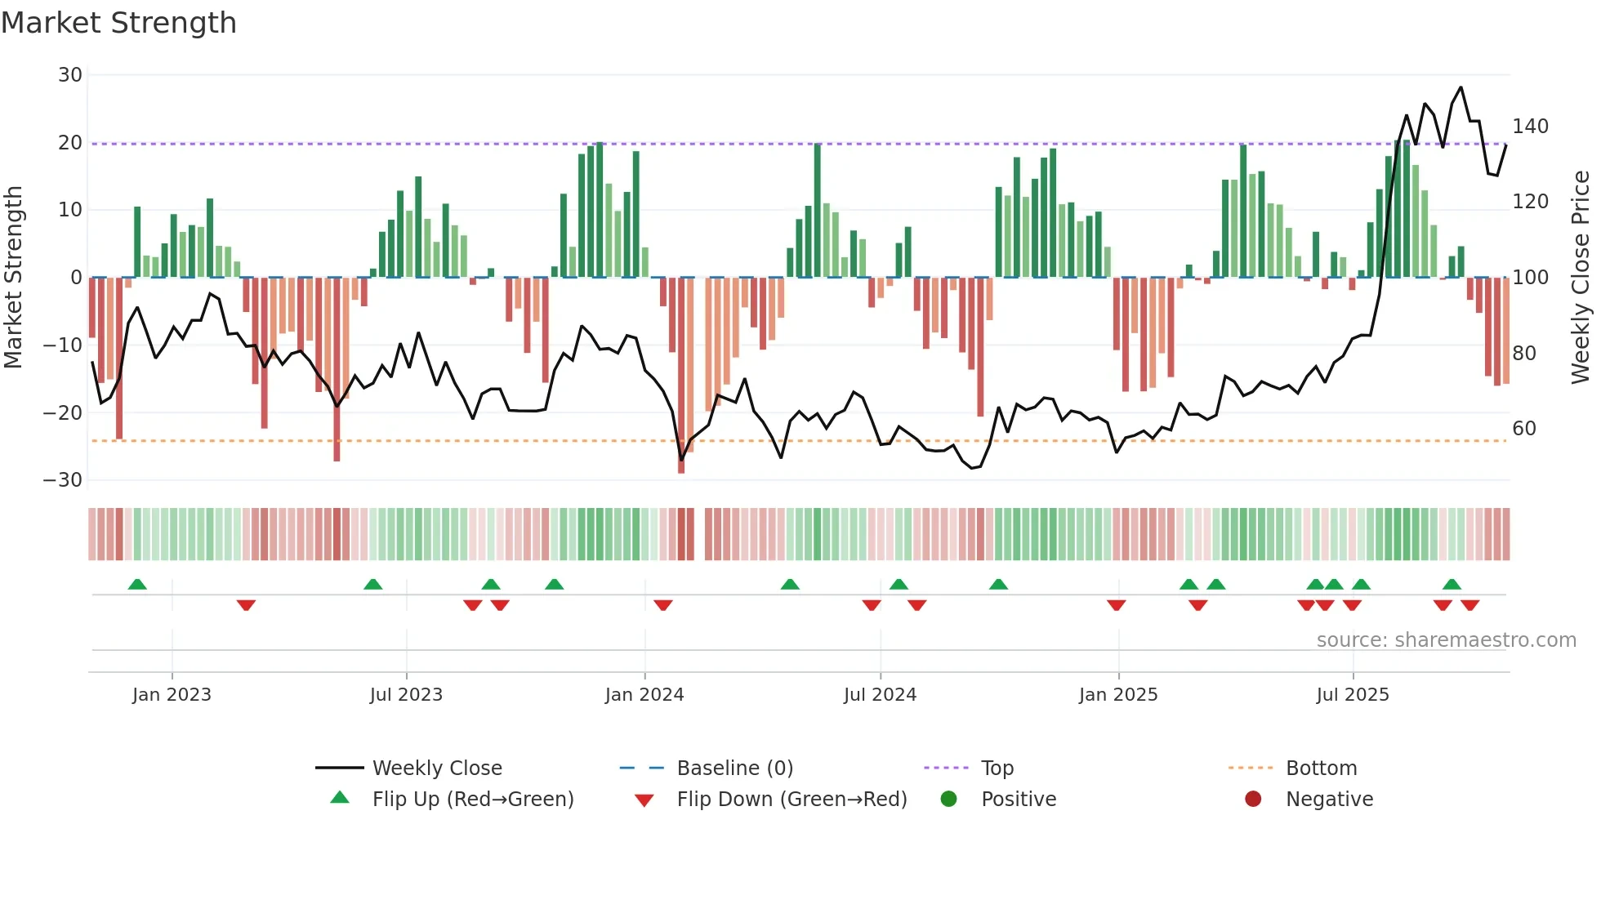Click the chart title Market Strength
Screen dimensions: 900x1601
pos(118,23)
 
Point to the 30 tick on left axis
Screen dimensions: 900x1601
pos(70,75)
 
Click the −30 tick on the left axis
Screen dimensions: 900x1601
pos(63,480)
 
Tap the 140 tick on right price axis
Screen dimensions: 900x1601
pos(1530,127)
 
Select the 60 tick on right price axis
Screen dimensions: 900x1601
pos(1524,429)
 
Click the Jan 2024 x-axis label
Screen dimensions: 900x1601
pos(644,695)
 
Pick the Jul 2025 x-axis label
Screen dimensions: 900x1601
pos(1352,695)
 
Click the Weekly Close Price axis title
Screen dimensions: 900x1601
pos(1581,278)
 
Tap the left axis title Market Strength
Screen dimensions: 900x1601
pos(14,278)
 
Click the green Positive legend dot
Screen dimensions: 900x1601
pos(948,800)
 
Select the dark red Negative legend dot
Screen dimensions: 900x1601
pos(1253,800)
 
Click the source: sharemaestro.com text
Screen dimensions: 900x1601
pos(1446,640)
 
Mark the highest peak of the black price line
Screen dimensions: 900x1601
pos(1461,87)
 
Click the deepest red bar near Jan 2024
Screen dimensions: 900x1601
pos(681,376)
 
